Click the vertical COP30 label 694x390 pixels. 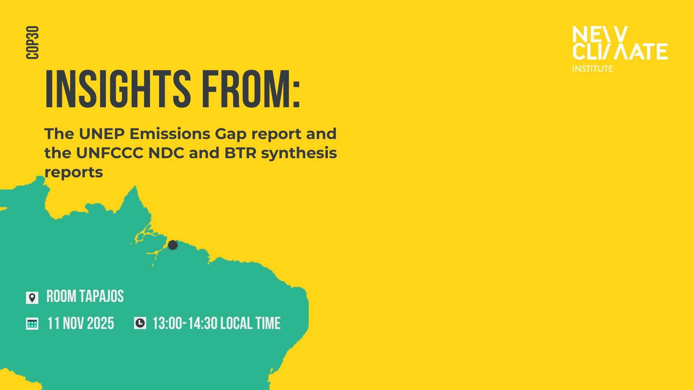tap(33, 43)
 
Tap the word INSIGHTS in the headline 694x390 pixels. tap(118, 89)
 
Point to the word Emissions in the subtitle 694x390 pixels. tap(170, 134)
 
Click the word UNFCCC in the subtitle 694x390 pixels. tap(110, 153)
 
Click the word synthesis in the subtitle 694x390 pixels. tap(299, 153)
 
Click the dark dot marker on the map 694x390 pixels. tap(173, 245)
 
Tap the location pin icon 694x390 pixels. tap(32, 298)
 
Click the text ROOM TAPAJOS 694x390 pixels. tap(85, 296)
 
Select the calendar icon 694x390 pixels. tap(32, 324)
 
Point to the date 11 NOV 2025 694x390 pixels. tap(81, 324)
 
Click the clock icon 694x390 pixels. tap(140, 323)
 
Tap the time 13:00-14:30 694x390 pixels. tap(185, 324)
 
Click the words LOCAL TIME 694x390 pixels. tap(250, 324)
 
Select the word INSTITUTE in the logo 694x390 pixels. tap(593, 69)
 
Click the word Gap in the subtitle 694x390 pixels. tap(231, 134)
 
